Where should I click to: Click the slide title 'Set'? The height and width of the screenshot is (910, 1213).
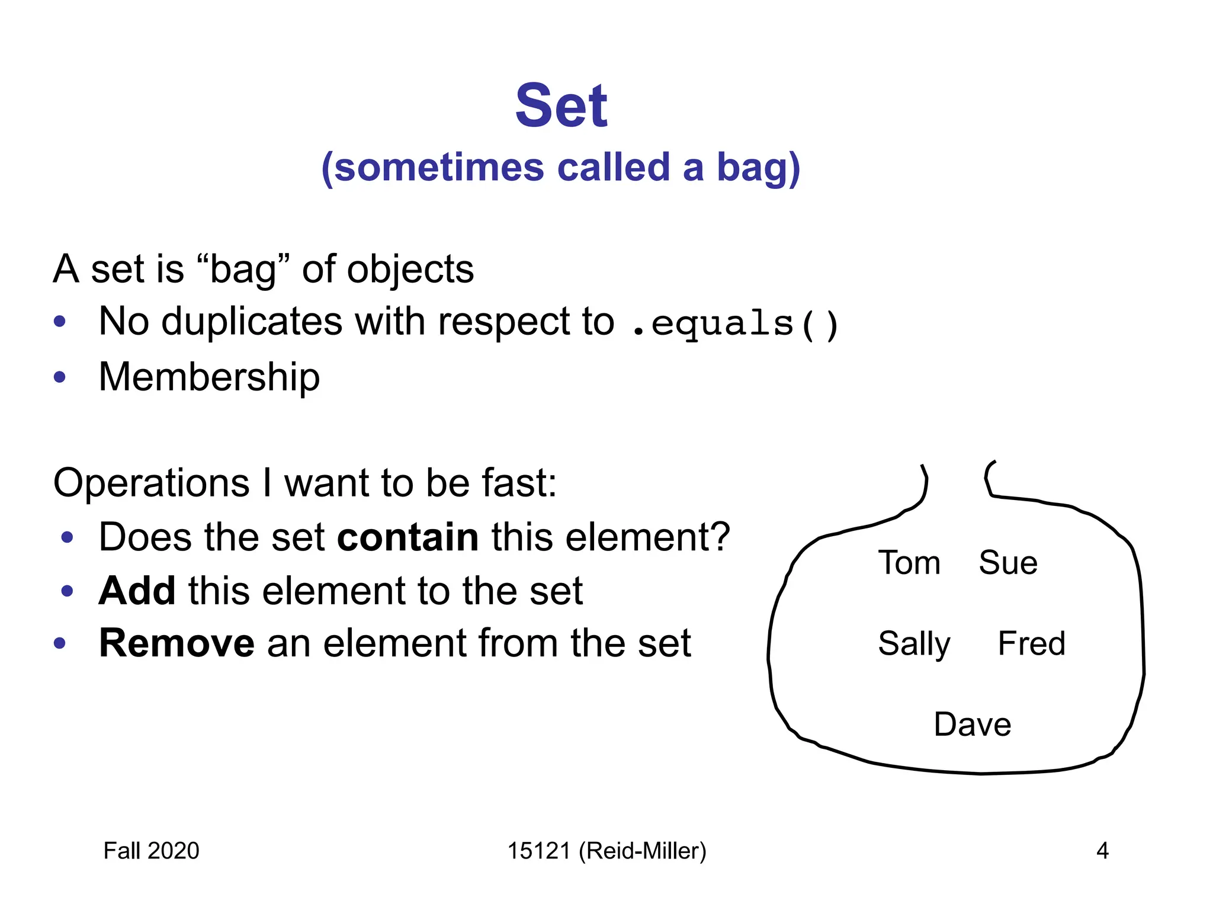[561, 106]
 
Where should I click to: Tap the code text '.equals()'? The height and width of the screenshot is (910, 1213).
[735, 324]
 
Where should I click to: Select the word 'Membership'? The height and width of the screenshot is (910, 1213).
[209, 377]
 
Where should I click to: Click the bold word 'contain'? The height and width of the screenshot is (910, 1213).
[407, 537]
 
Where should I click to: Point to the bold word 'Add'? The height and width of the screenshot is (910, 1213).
[137, 591]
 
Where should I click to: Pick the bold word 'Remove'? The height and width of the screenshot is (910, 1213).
[177, 643]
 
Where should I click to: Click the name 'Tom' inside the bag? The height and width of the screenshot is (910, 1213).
[909, 563]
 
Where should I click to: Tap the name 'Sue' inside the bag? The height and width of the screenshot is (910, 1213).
[1008, 563]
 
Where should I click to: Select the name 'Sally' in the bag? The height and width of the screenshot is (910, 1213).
[914, 645]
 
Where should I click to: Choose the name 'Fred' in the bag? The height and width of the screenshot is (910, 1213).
[1031, 643]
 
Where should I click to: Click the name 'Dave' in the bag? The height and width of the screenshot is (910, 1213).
[973, 725]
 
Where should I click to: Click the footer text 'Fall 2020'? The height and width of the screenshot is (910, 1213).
[151, 851]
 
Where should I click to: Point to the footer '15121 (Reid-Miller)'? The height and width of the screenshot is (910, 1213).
[606, 851]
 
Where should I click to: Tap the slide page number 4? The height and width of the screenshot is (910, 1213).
[1102, 851]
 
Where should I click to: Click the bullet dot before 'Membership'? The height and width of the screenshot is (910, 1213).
[59, 377]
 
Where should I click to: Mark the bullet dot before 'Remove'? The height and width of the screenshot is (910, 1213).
[59, 643]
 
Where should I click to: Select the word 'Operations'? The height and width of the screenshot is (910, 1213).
[151, 483]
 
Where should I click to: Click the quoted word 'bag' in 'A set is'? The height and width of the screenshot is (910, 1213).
[243, 270]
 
